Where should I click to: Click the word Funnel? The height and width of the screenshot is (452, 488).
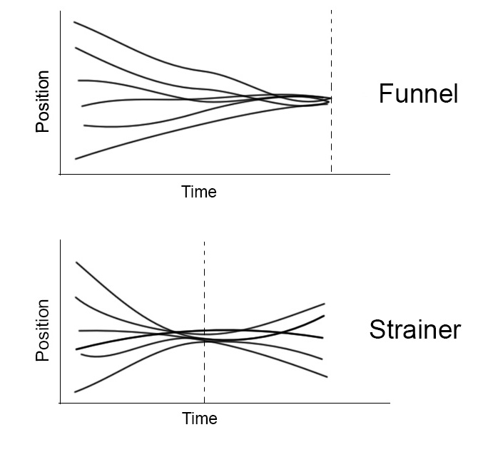coord(418,93)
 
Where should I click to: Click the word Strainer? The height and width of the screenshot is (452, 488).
coord(415,329)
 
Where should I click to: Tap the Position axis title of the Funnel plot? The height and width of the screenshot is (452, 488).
coord(42,102)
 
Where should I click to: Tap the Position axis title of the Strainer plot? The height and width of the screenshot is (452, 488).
coord(42,330)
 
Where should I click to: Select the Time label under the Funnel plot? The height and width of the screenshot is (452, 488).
coord(199,192)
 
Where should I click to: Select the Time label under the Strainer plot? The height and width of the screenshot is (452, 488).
coord(200,418)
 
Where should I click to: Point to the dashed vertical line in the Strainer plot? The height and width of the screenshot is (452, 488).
coord(205,322)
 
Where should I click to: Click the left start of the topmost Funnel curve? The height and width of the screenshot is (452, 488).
coord(74,22)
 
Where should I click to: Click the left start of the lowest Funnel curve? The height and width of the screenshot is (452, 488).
coord(76,159)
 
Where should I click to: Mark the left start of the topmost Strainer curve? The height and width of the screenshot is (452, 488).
coord(76,262)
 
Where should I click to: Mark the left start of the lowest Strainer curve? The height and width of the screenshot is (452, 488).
coord(74,392)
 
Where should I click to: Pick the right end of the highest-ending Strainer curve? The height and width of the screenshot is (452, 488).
coord(325,304)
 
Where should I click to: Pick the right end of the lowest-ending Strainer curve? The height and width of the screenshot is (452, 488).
coord(327,376)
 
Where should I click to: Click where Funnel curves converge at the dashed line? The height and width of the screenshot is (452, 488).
coord(330,100)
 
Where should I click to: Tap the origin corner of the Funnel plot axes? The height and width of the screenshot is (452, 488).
coord(60,174)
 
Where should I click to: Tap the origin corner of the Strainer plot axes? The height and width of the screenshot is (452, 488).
coord(60,403)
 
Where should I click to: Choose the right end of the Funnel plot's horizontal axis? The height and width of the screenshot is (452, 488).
coord(390,174)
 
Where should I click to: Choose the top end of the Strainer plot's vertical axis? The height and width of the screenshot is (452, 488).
coord(60,240)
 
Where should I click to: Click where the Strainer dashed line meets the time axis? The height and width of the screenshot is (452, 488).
coord(205,403)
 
